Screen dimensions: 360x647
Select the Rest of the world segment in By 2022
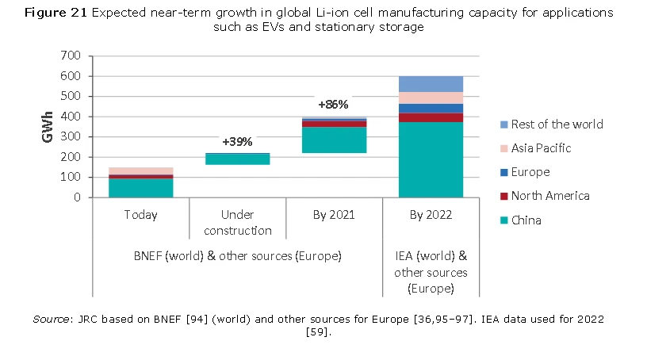[x=431, y=84]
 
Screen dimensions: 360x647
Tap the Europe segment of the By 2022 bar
[x=431, y=109]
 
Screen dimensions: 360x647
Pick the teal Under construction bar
[x=226, y=159]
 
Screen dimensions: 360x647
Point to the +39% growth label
[x=237, y=141]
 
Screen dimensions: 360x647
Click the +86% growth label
[x=333, y=104]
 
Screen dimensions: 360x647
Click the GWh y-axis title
[x=48, y=127]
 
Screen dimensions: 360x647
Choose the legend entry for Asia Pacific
[x=541, y=148]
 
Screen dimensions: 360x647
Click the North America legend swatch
[x=504, y=196]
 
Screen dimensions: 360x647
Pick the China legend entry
[x=526, y=220]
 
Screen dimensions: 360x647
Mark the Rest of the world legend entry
[x=557, y=124]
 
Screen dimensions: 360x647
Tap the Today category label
[x=140, y=215]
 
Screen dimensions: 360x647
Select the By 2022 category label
[x=431, y=215]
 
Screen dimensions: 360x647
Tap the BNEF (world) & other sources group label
[x=235, y=256]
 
